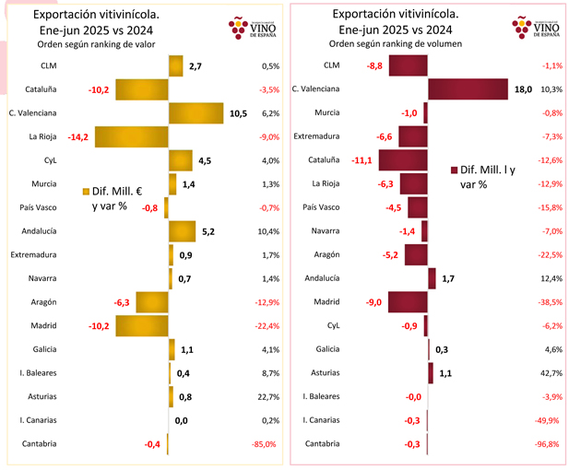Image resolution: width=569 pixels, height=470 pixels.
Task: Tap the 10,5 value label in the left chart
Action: pyautogui.click(x=237, y=113)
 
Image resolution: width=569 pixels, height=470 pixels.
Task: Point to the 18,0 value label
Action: pyautogui.click(x=523, y=88)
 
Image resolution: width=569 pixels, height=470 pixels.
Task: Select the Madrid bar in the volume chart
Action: pyautogui.click(x=408, y=301)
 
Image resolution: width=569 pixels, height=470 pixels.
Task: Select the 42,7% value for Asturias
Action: pyautogui.click(x=551, y=373)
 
